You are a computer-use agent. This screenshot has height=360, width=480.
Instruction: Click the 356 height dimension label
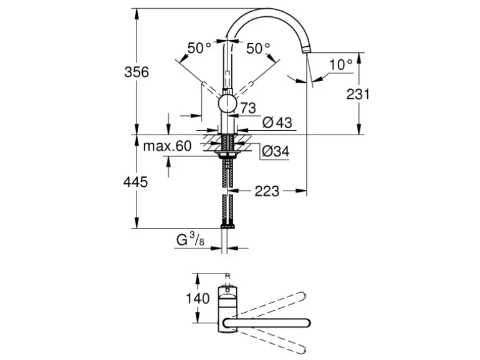pos(137,72)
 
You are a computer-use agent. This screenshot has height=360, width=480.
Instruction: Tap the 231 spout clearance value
pos(358,94)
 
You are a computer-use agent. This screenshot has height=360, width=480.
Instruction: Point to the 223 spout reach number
pos(267,191)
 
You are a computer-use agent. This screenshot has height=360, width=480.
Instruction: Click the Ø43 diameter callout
pos(277,123)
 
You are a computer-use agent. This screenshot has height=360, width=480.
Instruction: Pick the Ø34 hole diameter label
pos(274,151)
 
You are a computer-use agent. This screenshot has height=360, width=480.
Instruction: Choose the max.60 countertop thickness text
pos(166,147)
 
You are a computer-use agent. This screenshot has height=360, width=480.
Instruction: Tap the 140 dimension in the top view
pos(198,298)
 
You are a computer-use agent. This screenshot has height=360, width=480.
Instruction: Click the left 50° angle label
pos(199,47)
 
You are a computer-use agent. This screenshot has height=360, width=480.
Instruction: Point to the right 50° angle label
pos(258,47)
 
